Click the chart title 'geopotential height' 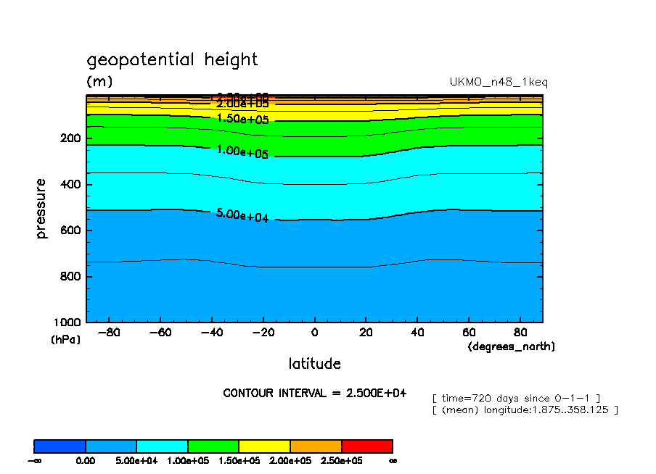[x=172, y=59]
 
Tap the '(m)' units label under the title [x=99, y=81]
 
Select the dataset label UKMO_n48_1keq [x=499, y=82]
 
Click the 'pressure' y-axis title [x=41, y=209]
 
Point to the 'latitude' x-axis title [x=314, y=364]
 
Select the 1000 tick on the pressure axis [x=67, y=323]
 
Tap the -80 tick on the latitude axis [x=108, y=333]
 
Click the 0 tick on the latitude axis [x=314, y=333]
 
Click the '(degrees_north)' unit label [x=512, y=347]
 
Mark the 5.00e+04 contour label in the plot [x=242, y=215]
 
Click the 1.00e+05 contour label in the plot [x=242, y=152]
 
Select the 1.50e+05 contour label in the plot [x=242, y=118]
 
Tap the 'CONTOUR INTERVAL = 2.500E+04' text [x=314, y=393]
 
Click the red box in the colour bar [x=366, y=446]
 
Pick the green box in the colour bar [x=213, y=446]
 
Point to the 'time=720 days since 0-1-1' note [x=515, y=398]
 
